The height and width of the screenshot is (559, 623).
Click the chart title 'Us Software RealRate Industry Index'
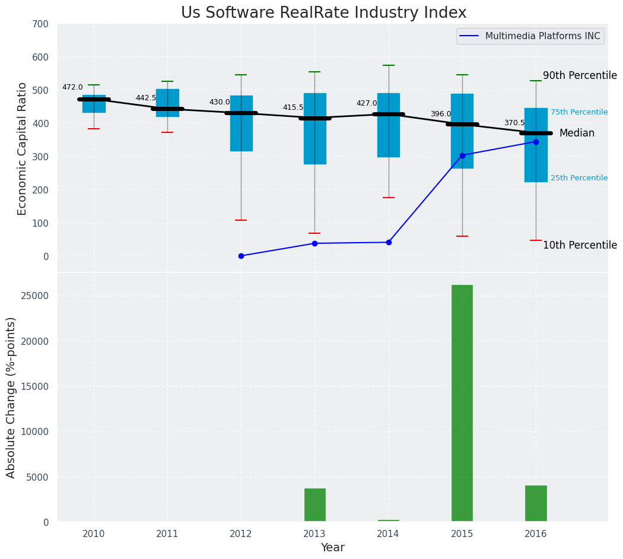(323, 13)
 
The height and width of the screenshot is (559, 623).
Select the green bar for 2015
(462, 403)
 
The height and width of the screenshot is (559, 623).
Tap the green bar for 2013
(315, 504)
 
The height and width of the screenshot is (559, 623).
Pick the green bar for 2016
(536, 503)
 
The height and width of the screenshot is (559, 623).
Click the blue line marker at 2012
(241, 256)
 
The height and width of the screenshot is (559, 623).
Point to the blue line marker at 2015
(462, 155)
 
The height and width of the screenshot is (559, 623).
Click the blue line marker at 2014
(389, 242)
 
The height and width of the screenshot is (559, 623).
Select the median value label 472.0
(72, 87)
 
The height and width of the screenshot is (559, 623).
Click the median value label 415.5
(293, 107)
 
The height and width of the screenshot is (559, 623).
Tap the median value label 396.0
(440, 114)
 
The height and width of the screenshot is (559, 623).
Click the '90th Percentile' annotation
(580, 76)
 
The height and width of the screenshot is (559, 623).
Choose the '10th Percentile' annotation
(580, 246)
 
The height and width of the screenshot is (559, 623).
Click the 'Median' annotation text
(577, 134)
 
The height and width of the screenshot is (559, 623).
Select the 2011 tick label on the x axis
(167, 533)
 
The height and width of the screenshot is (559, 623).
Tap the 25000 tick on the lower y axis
(36, 296)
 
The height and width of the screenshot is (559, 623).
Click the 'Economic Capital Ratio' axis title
(23, 148)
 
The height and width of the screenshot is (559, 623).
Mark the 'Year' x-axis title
(332, 548)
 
